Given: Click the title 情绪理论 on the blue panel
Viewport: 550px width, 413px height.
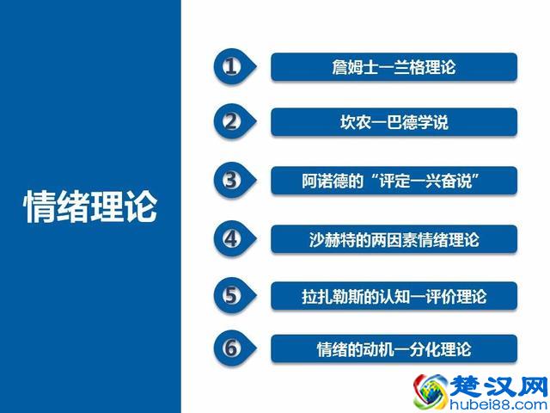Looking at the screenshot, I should [91, 206].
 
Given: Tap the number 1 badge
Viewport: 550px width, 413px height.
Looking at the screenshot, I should [230, 67].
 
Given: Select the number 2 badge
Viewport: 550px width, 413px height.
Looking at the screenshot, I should [230, 121].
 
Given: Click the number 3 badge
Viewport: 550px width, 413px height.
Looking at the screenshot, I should [230, 180].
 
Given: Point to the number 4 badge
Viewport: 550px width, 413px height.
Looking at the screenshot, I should [230, 237].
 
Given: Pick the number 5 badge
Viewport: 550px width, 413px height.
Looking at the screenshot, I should [230, 295].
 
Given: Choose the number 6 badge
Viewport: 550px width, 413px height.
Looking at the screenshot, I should [230, 348].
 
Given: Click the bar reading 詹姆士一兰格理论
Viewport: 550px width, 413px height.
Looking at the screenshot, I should [394, 67].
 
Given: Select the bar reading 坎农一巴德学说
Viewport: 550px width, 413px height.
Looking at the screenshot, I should [394, 122].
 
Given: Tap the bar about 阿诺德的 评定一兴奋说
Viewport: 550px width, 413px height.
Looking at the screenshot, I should [394, 181].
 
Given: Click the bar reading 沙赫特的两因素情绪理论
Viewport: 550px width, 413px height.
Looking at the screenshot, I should [394, 239].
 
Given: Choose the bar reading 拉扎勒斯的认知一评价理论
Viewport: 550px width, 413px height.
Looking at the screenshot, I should [394, 296].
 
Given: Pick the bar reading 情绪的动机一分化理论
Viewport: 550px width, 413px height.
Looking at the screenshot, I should [394, 349].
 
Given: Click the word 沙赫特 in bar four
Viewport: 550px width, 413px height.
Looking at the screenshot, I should [329, 239].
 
